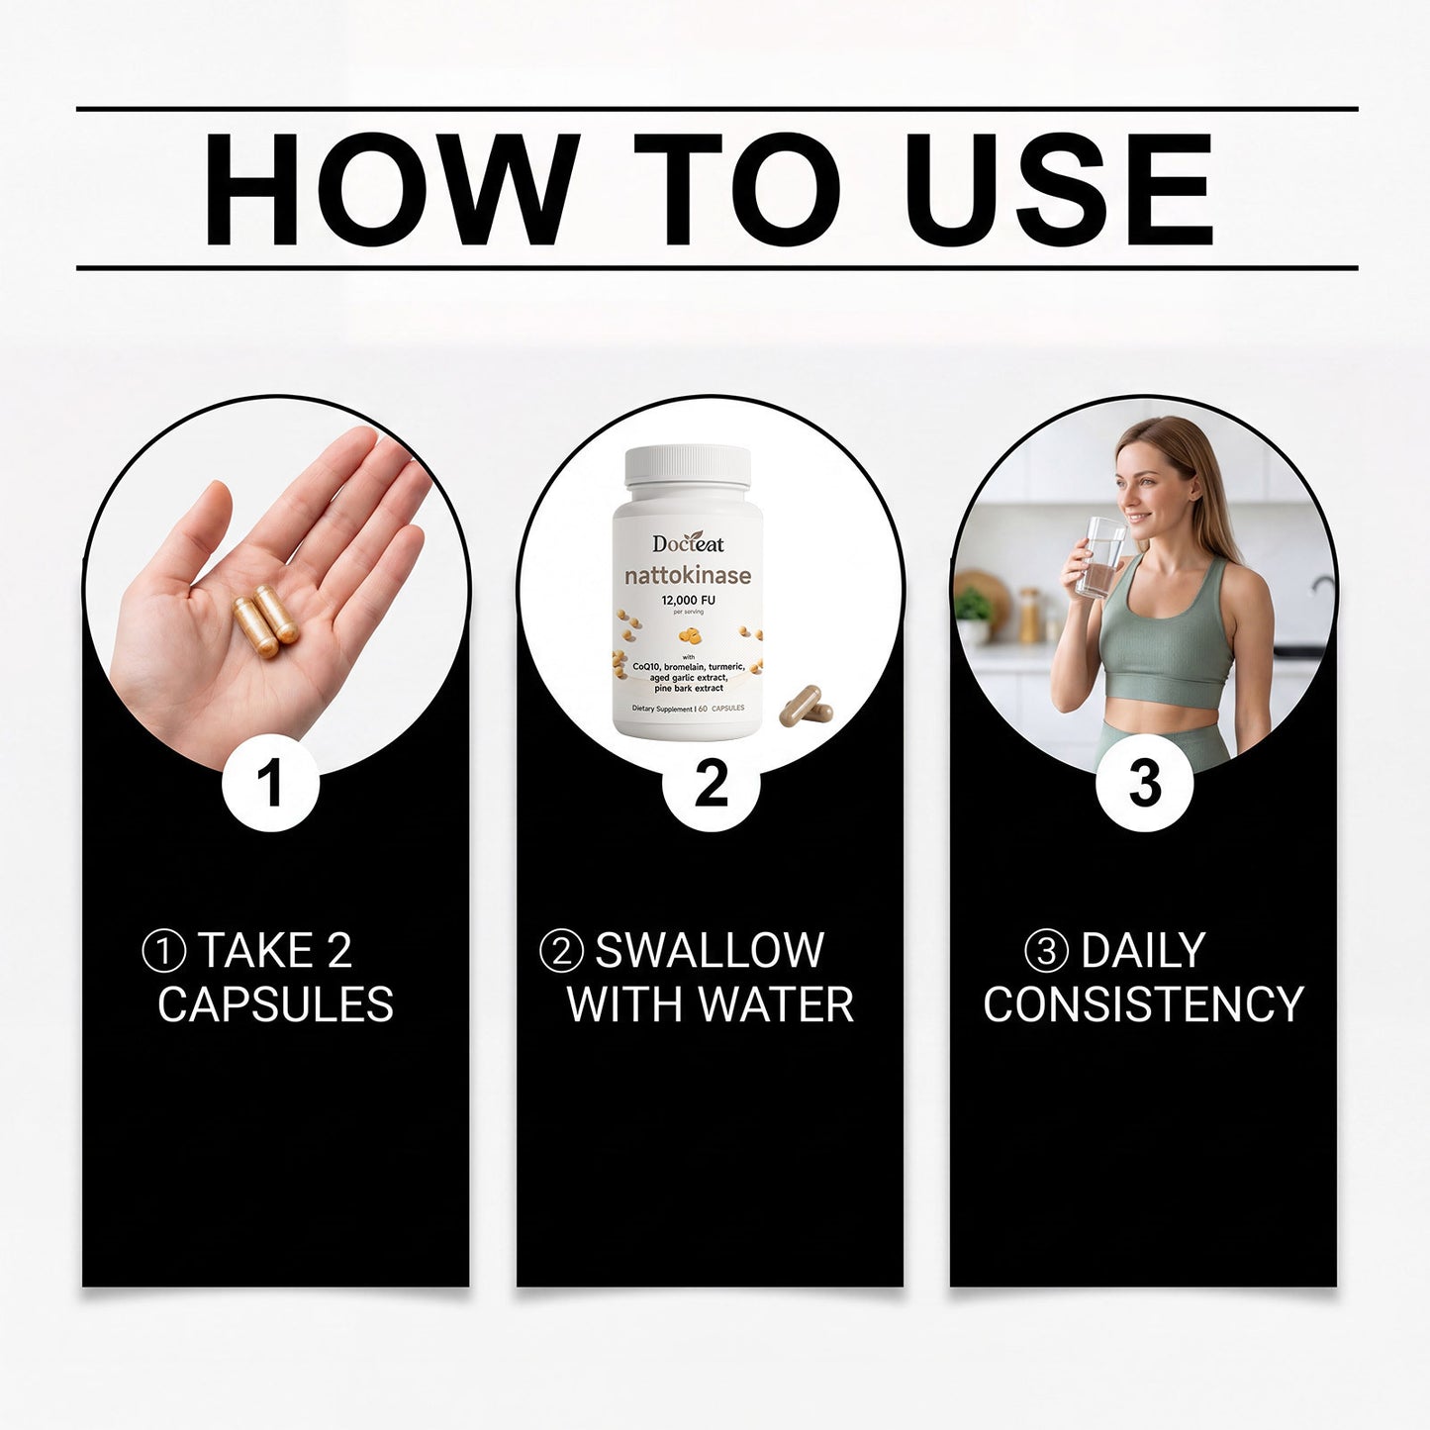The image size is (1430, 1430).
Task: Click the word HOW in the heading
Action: (x=391, y=189)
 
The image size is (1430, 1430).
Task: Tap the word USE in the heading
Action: (x=1059, y=189)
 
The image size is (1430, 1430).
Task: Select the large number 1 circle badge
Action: (x=271, y=782)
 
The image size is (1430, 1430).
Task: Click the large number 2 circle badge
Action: (x=711, y=782)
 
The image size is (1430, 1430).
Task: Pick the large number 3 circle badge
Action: (x=1144, y=782)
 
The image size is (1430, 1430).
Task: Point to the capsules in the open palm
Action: (x=265, y=620)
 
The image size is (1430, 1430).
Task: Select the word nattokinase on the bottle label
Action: (x=687, y=575)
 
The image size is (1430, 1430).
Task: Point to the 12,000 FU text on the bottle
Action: (x=688, y=600)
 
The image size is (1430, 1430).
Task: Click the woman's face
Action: (x=1147, y=490)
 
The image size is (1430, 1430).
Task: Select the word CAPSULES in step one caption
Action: (x=275, y=1004)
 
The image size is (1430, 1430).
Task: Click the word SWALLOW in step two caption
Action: (x=710, y=950)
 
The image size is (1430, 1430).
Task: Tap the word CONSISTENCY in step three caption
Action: (x=1144, y=1004)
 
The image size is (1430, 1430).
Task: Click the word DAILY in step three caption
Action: (x=1143, y=950)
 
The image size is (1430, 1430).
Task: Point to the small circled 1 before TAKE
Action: (x=163, y=951)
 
